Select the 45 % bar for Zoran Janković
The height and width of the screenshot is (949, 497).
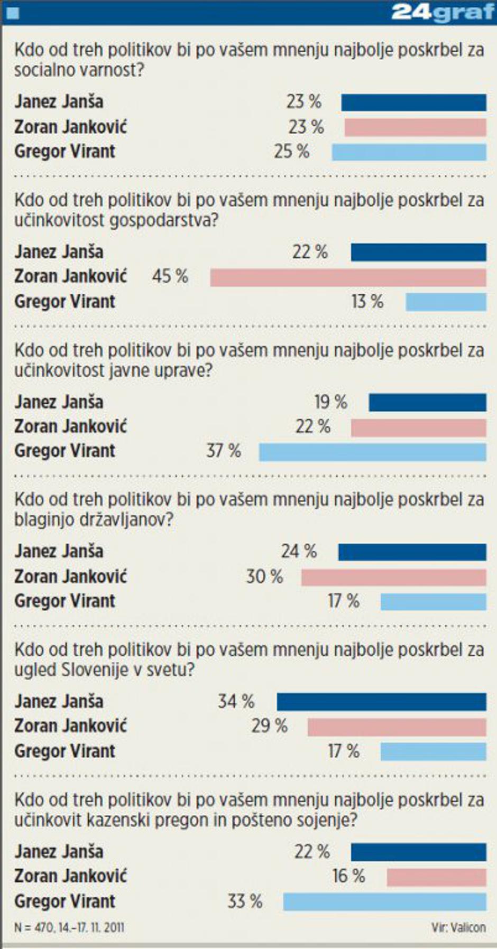point(348,277)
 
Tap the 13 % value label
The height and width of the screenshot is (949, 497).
point(367,302)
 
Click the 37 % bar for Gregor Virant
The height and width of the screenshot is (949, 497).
point(372,452)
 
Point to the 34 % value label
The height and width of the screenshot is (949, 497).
point(236,701)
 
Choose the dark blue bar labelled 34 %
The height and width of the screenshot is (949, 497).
point(381,702)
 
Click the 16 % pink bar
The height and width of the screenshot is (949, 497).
point(436,877)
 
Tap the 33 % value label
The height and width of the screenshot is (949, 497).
point(245,901)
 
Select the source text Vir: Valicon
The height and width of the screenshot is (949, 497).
point(458,927)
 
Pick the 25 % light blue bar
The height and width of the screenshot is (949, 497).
point(409,152)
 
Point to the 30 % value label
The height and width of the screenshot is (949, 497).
point(264,576)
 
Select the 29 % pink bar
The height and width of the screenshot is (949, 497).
point(397,727)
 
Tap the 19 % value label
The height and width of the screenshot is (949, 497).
point(330,402)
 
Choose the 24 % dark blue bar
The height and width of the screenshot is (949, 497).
point(412,552)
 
